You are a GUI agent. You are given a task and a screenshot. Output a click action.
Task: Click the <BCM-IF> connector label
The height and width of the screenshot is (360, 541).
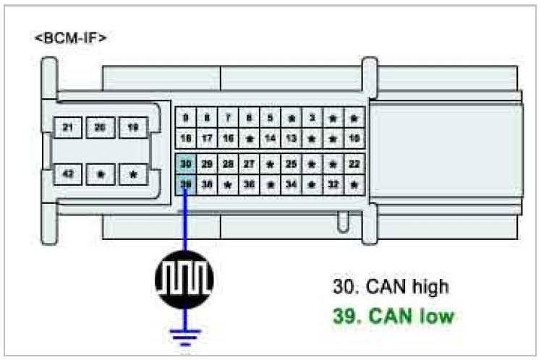tap(70, 38)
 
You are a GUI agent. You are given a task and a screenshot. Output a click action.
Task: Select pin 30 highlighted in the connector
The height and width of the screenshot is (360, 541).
tap(185, 164)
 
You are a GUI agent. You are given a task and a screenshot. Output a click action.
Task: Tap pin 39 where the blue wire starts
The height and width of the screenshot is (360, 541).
tap(185, 184)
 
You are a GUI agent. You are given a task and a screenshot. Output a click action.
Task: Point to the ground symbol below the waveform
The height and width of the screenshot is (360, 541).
tap(184, 334)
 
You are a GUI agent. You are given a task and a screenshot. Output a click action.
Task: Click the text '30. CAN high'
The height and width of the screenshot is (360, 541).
tap(391, 286)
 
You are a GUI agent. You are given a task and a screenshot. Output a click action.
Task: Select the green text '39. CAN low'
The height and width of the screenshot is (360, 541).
tap(394, 316)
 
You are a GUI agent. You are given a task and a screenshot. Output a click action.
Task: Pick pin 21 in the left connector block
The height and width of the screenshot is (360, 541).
tap(68, 128)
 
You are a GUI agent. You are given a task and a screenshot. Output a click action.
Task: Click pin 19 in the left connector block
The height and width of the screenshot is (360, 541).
tap(133, 128)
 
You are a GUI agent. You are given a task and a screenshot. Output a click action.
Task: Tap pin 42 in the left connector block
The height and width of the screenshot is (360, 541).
tap(68, 174)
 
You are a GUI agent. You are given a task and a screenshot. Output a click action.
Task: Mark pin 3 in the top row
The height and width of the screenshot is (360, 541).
tap(312, 117)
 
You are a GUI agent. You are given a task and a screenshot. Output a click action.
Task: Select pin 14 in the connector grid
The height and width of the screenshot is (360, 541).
tap(270, 137)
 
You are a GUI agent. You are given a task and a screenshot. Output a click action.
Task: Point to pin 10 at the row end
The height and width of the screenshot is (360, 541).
tap(354, 137)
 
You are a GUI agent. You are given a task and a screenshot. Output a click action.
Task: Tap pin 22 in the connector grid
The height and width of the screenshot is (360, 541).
tap(354, 164)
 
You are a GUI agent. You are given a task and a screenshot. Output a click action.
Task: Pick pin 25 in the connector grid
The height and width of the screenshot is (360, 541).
tap(291, 164)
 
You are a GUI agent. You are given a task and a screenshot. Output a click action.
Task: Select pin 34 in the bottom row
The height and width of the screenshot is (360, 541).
tap(291, 184)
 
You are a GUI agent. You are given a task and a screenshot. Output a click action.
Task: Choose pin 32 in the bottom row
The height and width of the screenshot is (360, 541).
tap(333, 184)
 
